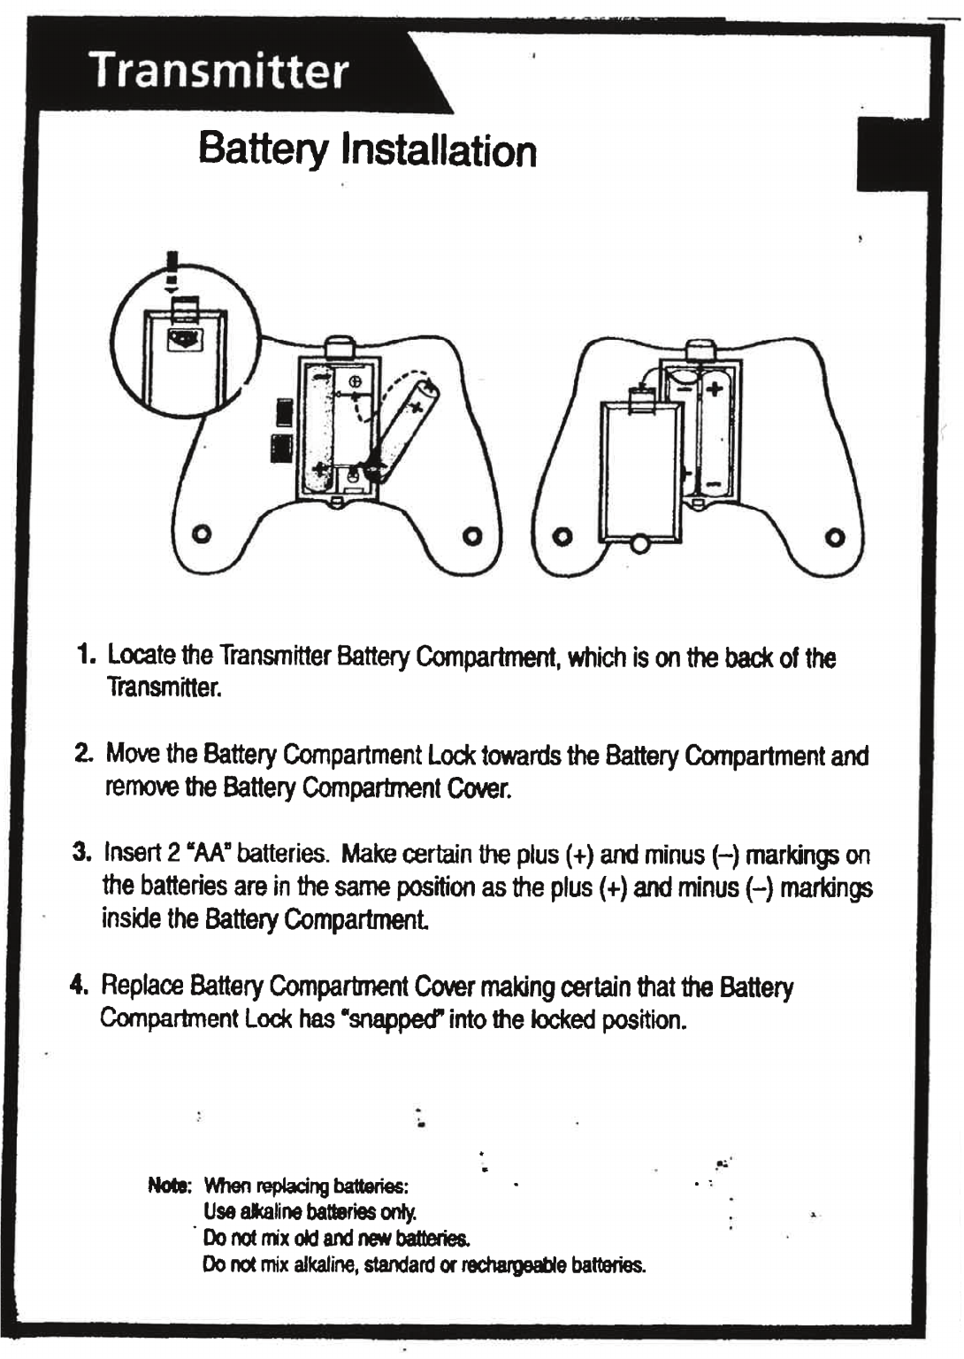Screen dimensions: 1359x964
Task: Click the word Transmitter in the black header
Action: pyautogui.click(x=219, y=70)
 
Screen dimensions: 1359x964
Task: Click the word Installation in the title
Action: pyautogui.click(x=439, y=150)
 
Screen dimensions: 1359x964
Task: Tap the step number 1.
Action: pyautogui.click(x=84, y=656)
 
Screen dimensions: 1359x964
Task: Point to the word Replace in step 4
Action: pyautogui.click(x=142, y=985)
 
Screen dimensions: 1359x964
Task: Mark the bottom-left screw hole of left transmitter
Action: pyautogui.click(x=203, y=535)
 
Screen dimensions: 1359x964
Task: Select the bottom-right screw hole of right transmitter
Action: pyautogui.click(x=834, y=537)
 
